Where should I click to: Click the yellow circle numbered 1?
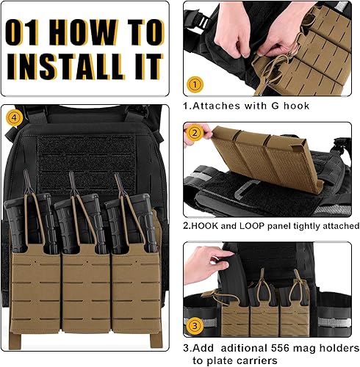[195, 84]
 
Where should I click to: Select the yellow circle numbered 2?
[195, 134]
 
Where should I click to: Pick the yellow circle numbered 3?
[195, 323]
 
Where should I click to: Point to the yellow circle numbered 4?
[13, 117]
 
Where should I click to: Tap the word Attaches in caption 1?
[215, 106]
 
